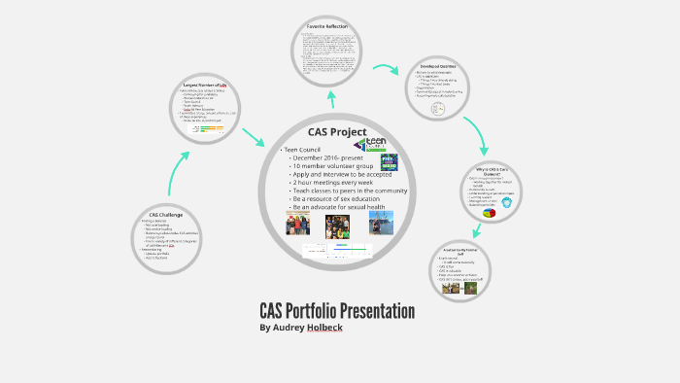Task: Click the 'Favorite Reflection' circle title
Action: pos(326,25)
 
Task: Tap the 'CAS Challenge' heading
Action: pos(166,214)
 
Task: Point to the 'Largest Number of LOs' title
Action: pos(205,85)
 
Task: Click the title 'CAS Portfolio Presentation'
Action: pos(337,311)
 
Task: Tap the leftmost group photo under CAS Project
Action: pos(297,225)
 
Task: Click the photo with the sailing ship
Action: pos(382,224)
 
